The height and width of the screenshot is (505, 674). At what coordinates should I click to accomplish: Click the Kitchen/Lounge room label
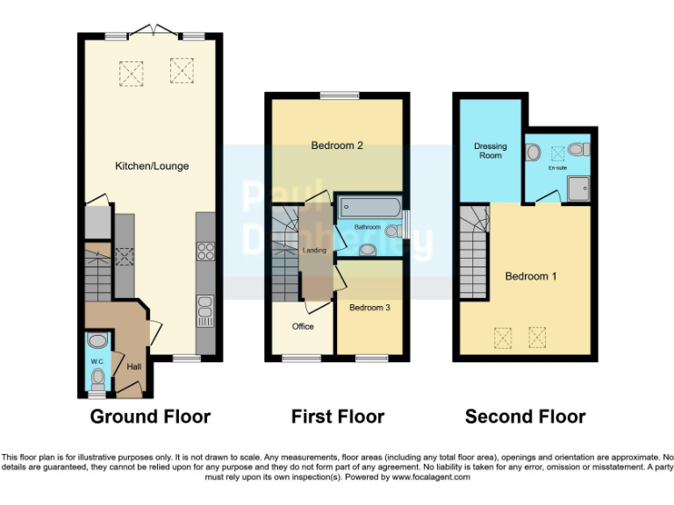tap(152, 166)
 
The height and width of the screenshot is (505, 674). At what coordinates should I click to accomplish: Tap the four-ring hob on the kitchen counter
tap(206, 252)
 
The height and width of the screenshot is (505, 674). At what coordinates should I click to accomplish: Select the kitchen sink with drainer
tap(205, 310)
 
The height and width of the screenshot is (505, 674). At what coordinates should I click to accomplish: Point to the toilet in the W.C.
tap(97, 379)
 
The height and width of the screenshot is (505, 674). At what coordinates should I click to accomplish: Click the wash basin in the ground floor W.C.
tap(97, 341)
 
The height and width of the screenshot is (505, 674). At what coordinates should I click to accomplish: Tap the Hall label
tap(133, 366)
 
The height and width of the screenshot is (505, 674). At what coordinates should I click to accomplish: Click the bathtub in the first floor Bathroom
tap(369, 208)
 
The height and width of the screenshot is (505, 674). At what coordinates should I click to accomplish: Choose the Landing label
tap(314, 251)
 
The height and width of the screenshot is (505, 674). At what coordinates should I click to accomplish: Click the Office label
tap(303, 326)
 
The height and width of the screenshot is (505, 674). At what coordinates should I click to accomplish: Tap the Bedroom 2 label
tap(337, 146)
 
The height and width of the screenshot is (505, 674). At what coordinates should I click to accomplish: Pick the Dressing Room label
tap(491, 151)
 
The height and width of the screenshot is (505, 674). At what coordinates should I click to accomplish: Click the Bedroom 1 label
tap(531, 276)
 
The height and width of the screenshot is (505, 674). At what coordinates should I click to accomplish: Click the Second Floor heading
tap(525, 416)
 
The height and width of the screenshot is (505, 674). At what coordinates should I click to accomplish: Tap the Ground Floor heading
tap(150, 416)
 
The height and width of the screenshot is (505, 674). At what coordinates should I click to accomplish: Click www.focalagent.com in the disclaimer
tap(431, 478)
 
